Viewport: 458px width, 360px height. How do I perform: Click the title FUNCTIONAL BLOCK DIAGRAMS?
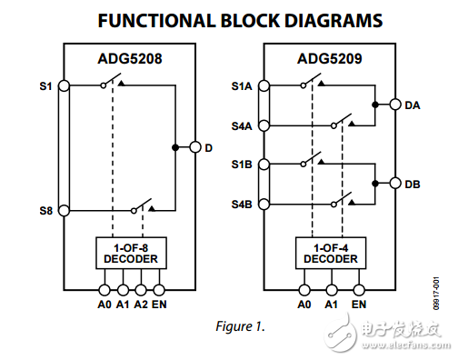(228, 20)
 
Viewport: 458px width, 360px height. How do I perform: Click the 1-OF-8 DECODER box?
(130, 253)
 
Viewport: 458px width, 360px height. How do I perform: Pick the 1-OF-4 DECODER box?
(328, 253)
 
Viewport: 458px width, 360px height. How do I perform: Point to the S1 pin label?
(46, 86)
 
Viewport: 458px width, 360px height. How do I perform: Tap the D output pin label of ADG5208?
(209, 147)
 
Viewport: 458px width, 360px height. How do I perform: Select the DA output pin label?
(412, 105)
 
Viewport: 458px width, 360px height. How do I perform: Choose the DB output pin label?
(412, 184)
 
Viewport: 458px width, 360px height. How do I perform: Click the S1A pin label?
(241, 86)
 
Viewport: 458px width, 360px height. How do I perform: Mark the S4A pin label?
(241, 125)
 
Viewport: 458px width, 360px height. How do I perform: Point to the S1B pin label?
(241, 165)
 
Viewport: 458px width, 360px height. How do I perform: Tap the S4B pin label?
(241, 204)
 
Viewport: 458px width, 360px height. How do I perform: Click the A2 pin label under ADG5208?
(141, 303)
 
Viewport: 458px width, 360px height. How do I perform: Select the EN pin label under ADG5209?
(358, 303)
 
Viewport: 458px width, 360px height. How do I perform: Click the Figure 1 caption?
(241, 326)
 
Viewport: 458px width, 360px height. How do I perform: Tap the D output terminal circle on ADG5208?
(194, 147)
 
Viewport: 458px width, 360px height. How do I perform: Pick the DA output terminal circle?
(395, 105)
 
